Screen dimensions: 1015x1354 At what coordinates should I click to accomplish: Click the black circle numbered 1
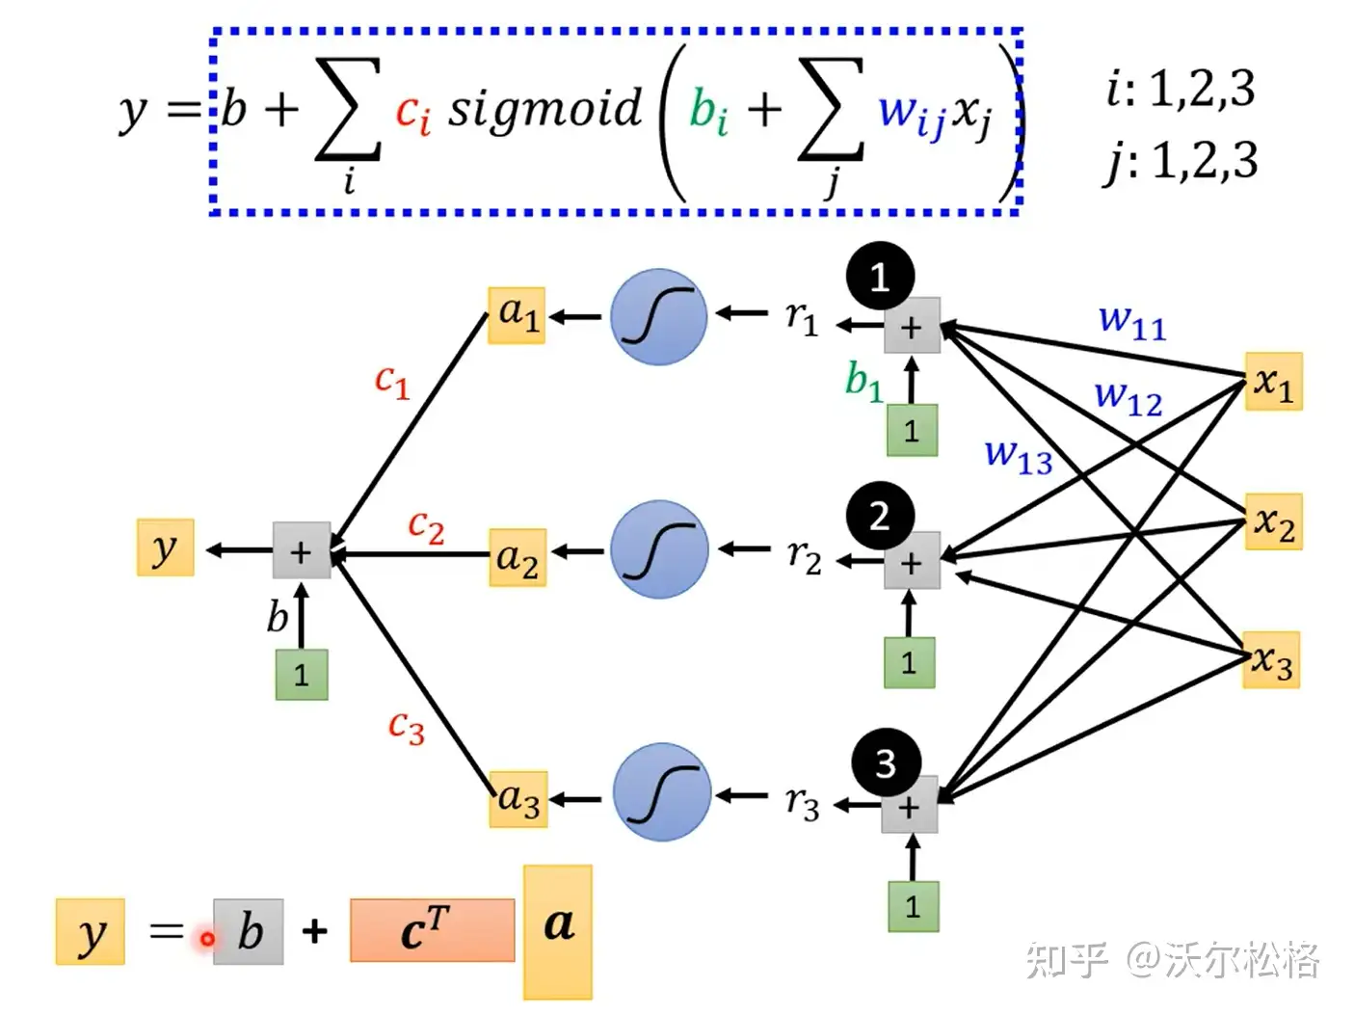pos(880,278)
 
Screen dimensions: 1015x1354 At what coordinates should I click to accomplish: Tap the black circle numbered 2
pos(880,517)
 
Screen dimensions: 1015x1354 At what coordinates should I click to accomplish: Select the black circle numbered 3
pos(886,763)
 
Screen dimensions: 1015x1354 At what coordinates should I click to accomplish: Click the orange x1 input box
pos(1273,382)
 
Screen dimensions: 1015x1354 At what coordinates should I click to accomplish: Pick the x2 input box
pos(1273,522)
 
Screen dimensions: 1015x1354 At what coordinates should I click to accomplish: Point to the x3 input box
pos(1271,660)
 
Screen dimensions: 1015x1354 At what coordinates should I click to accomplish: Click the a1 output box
pos(517,314)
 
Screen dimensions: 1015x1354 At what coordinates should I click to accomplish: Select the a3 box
pos(518,800)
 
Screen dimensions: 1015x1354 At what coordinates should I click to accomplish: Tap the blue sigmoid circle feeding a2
pos(659,549)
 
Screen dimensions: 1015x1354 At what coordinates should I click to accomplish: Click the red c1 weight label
pos(392,381)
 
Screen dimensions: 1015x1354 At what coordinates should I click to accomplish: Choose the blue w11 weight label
pos(1132,320)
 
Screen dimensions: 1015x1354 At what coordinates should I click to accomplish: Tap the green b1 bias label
pos(863,380)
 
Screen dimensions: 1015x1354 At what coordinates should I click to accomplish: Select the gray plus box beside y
pos(302,550)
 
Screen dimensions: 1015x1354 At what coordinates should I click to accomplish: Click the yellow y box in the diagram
pos(165,548)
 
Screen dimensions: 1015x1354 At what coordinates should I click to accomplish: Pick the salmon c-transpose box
pos(432,930)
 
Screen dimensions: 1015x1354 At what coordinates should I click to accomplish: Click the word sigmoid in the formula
pos(544,107)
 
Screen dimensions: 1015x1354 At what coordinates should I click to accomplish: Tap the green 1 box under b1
pos(912,430)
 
